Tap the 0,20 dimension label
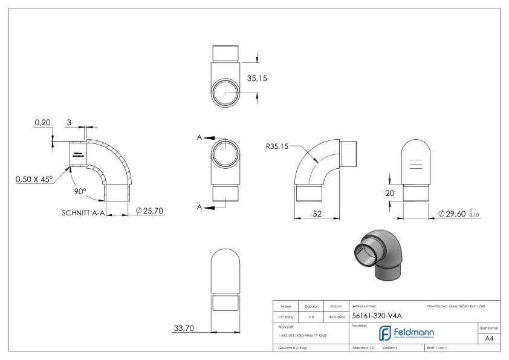(42, 122)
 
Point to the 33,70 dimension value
(184, 328)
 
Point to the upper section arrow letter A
(199, 137)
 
